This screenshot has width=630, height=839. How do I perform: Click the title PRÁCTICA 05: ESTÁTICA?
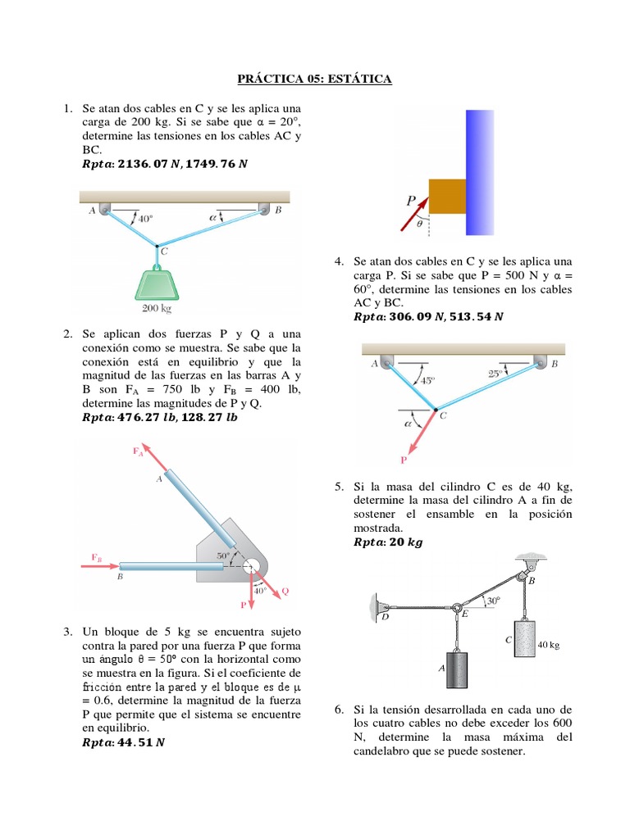pyautogui.click(x=314, y=79)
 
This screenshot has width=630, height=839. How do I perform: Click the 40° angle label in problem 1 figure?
pyautogui.click(x=145, y=219)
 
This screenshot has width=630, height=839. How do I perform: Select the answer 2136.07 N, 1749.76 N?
pyautogui.click(x=165, y=164)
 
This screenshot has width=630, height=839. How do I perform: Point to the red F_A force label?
pyautogui.click(x=139, y=451)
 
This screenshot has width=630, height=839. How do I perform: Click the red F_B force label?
pyautogui.click(x=98, y=558)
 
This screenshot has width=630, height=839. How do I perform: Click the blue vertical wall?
pyautogui.click(x=480, y=171)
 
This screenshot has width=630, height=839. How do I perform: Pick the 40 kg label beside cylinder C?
pyautogui.click(x=548, y=646)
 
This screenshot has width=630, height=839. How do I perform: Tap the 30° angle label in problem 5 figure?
pyautogui.click(x=492, y=601)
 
